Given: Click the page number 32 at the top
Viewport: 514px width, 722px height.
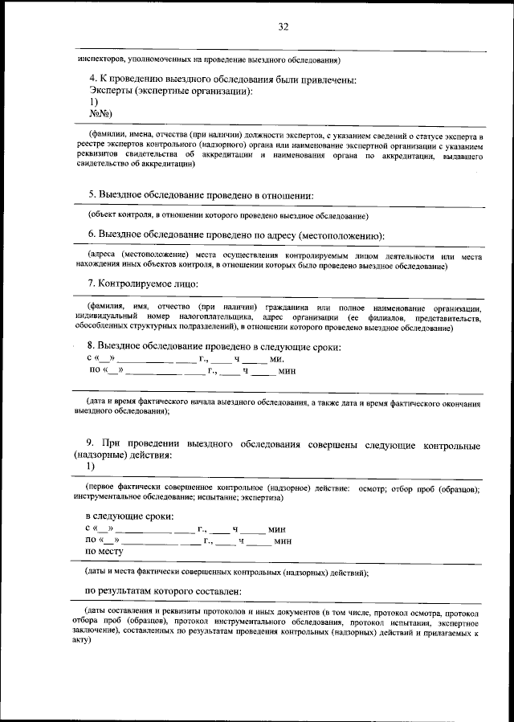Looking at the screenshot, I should [283, 27].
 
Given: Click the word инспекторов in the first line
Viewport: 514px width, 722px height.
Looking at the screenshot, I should [101, 59].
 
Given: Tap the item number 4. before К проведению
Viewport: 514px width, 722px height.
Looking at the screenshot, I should [92, 80].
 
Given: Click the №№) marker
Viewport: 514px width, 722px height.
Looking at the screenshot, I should [100, 114].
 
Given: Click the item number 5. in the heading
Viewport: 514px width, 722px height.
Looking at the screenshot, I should [92, 195].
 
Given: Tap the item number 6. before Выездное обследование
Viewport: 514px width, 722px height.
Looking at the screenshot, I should [92, 235].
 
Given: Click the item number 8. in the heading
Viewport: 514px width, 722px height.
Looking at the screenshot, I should [92, 347].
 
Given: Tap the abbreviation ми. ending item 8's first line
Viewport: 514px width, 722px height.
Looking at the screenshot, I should [277, 359].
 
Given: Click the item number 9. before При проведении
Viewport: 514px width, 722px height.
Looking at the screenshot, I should [91, 443].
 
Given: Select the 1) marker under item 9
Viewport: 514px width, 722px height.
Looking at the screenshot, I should [90, 466].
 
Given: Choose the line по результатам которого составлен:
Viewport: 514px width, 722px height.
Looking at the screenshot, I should [164, 591].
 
